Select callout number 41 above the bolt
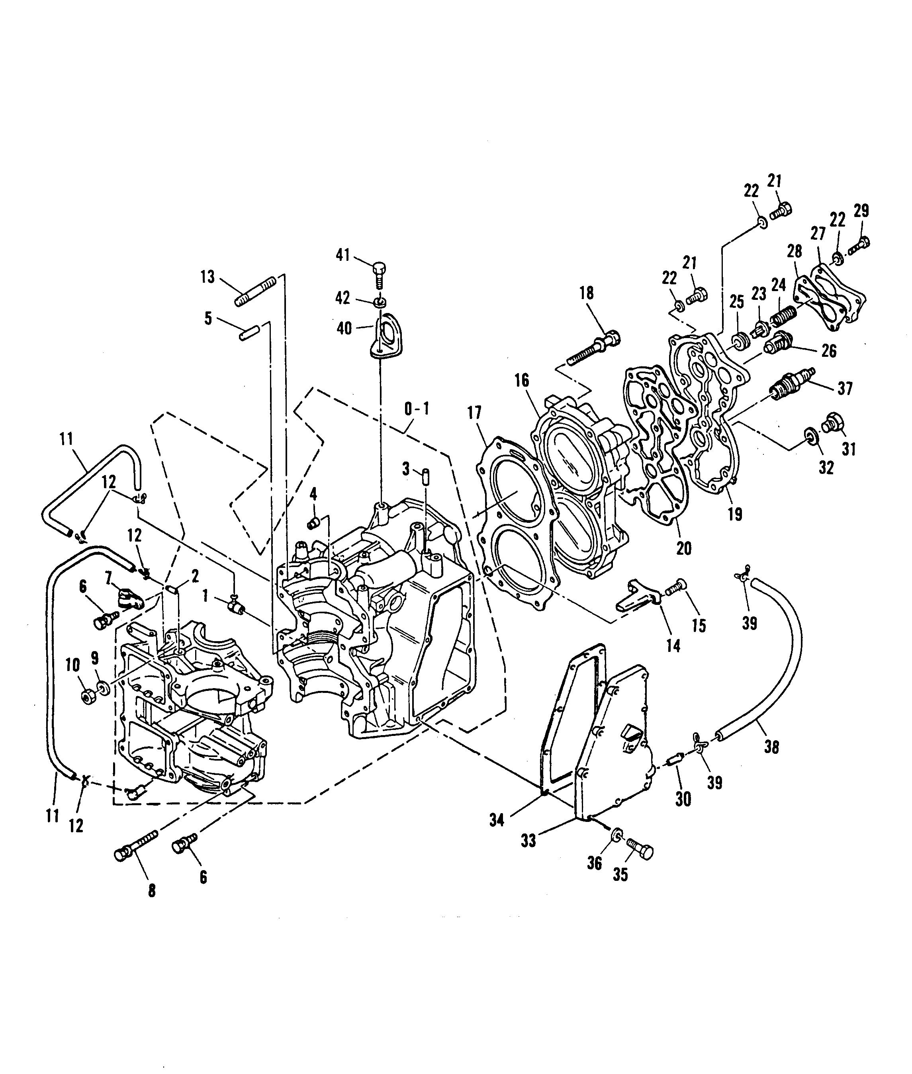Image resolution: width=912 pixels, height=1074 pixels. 343,255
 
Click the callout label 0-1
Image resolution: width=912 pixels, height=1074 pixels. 416,409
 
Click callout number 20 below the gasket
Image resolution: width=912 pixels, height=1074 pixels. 683,548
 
